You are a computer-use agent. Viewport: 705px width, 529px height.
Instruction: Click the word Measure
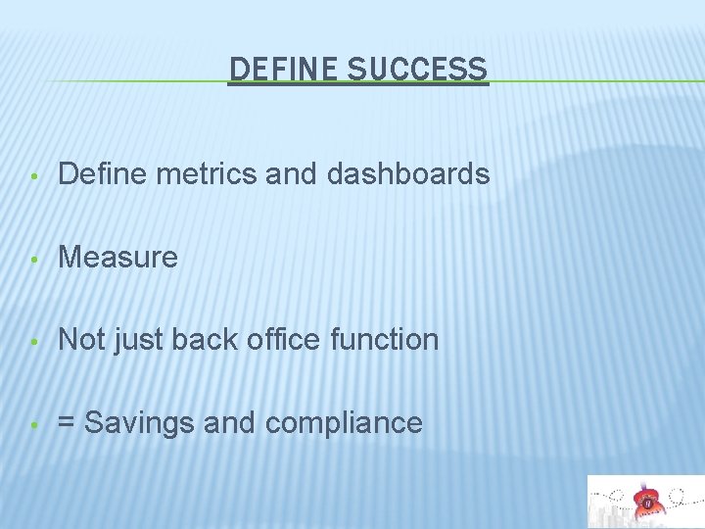(x=118, y=258)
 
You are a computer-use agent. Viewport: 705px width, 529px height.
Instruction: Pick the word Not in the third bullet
(x=81, y=340)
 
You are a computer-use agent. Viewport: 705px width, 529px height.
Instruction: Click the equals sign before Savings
(x=67, y=423)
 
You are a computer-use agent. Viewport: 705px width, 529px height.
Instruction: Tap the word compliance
(x=344, y=423)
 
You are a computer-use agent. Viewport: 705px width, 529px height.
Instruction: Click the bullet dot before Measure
(x=34, y=260)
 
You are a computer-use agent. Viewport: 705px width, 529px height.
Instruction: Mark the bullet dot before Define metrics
(x=34, y=176)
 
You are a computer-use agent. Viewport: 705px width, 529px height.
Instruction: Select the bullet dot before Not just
(x=34, y=342)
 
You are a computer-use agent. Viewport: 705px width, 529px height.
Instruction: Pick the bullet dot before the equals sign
(x=34, y=425)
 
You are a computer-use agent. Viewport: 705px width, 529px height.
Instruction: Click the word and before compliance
(x=231, y=423)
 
